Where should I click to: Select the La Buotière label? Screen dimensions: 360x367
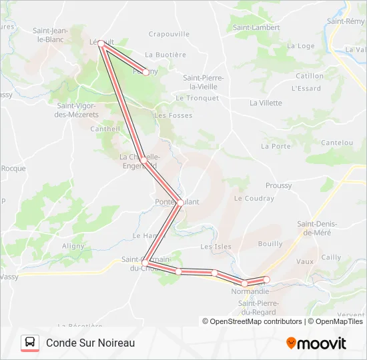(165, 55)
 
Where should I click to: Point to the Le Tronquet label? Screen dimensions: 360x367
(197, 98)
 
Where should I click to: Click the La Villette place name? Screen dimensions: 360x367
(266, 103)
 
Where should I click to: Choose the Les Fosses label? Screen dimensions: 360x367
(173, 115)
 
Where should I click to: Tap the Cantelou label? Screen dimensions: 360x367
(337, 143)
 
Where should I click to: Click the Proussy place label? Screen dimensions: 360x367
(278, 186)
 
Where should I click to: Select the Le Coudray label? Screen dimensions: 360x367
(254, 199)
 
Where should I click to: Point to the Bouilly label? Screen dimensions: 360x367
(270, 244)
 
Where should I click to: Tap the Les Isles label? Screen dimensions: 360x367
(216, 247)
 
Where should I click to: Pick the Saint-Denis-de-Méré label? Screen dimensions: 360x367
(318, 228)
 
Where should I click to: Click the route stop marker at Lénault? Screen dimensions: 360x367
(101, 43)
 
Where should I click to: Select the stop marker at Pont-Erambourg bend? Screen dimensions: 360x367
(180, 203)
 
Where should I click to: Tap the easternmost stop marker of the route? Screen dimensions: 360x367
(267, 279)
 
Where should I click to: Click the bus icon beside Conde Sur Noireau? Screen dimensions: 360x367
(30, 343)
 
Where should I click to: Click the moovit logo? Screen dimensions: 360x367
(316, 343)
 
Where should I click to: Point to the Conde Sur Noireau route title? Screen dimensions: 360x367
(91, 343)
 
